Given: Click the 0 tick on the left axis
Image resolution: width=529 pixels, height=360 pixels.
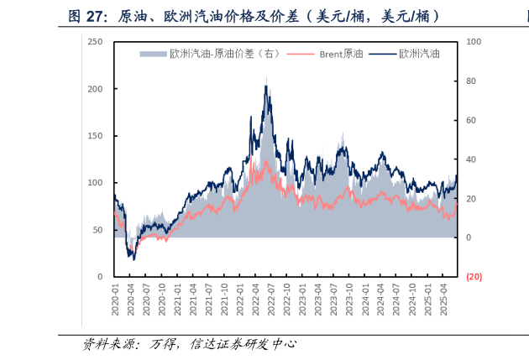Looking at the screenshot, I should tap(100, 276).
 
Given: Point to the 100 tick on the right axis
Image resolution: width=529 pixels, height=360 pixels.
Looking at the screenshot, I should tap(473, 41).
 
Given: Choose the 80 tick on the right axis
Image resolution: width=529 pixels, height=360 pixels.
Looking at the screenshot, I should tap(471, 81).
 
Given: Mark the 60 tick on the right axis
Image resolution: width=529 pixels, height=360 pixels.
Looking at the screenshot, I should tap(471, 120).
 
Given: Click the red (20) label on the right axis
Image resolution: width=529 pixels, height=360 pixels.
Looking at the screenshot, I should tap(474, 277).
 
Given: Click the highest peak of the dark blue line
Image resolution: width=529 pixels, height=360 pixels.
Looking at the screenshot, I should tap(267, 86).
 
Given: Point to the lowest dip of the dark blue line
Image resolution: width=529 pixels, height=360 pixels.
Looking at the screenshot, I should tap(133, 258).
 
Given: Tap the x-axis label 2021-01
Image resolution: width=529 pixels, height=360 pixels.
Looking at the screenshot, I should tap(177, 300).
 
